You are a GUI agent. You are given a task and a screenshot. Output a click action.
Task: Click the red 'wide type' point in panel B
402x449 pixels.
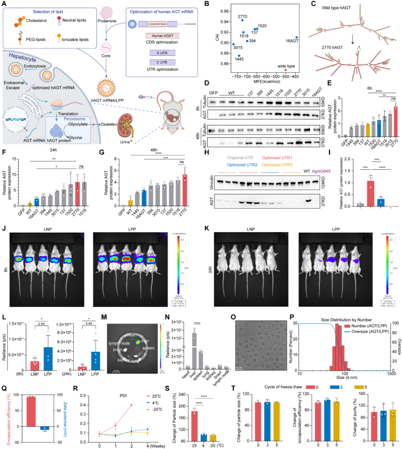click(x=285, y=70)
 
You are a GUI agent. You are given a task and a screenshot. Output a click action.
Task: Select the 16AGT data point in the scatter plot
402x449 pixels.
click(x=296, y=37)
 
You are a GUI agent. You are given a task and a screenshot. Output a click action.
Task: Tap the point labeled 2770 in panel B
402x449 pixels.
click(x=242, y=20)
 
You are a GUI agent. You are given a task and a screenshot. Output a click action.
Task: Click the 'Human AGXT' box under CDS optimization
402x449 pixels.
click(x=162, y=36)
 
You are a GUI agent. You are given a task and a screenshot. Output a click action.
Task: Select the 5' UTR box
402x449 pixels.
click(x=162, y=53)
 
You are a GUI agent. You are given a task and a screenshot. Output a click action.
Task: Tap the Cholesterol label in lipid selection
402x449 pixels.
click(x=36, y=21)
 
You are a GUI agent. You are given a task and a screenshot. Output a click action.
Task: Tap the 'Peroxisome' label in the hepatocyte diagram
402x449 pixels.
click(x=74, y=119)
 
